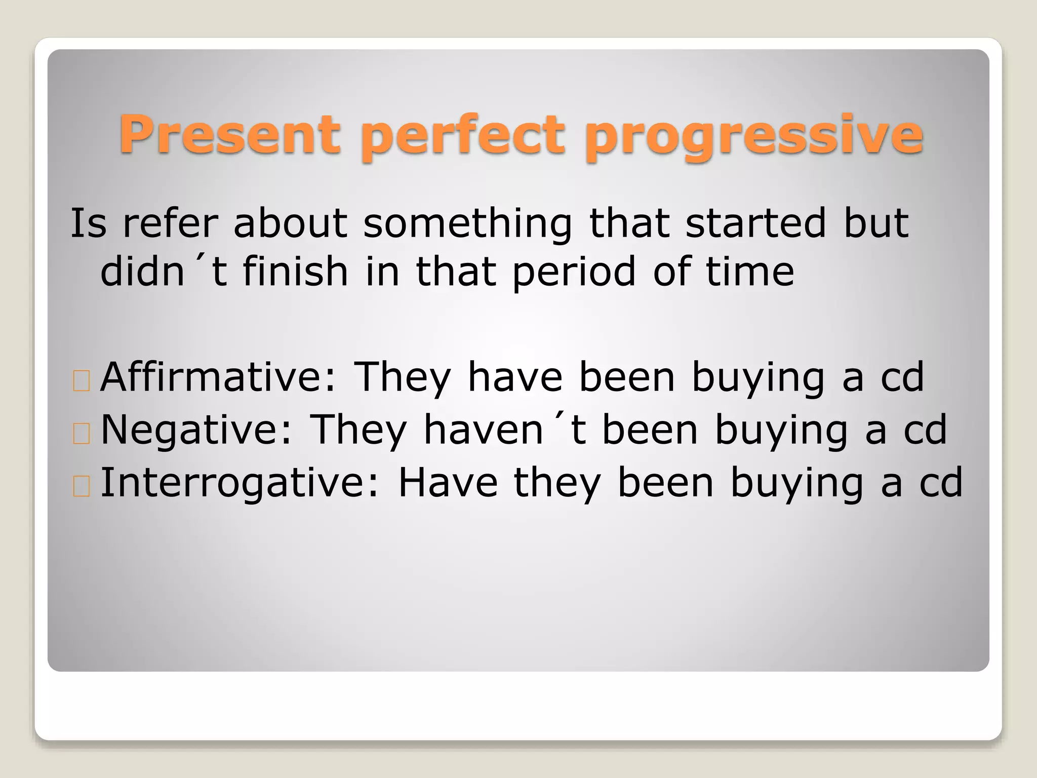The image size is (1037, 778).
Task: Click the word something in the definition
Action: (x=467, y=224)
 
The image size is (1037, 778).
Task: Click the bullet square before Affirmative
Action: (x=81, y=381)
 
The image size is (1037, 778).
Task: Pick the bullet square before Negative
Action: (x=81, y=434)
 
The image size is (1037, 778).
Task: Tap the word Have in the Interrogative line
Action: (x=448, y=482)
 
